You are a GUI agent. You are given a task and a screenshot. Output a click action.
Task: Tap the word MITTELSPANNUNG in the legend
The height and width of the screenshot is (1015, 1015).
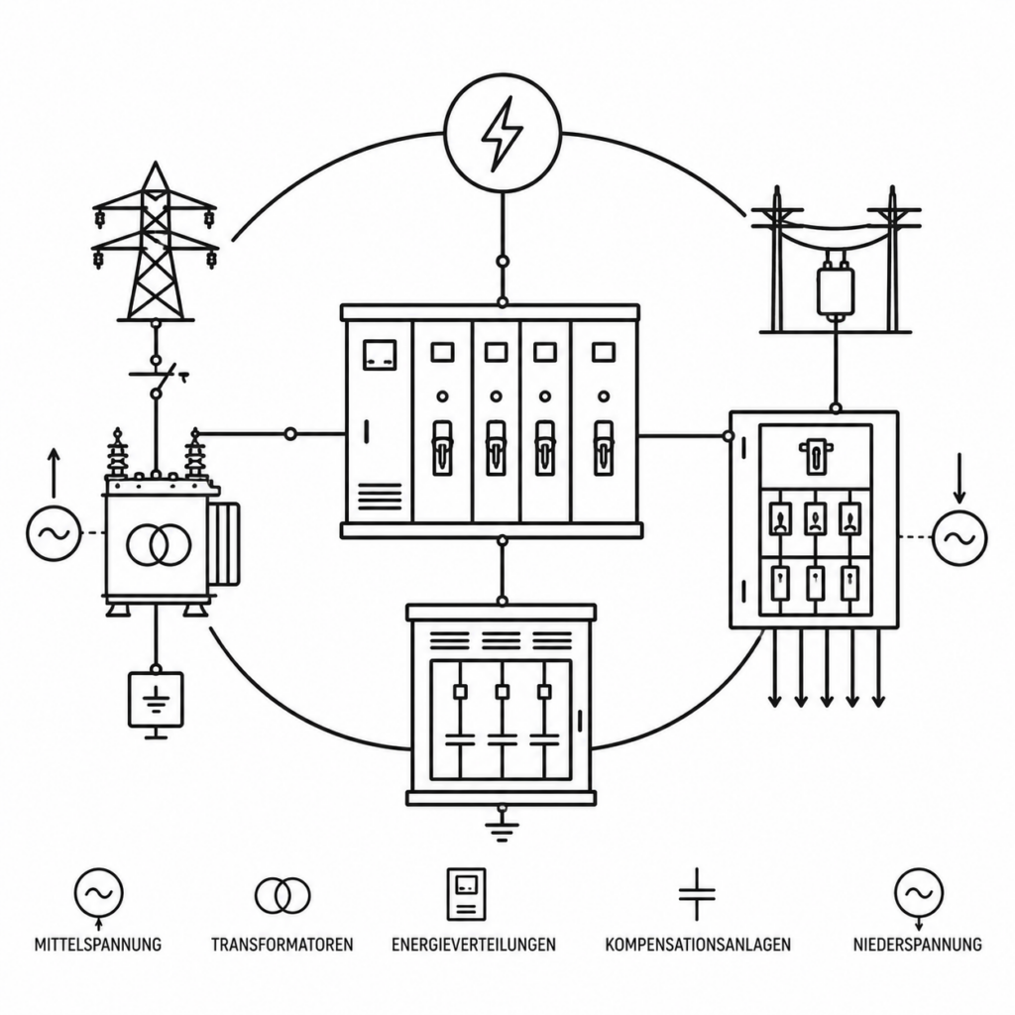pos(98,945)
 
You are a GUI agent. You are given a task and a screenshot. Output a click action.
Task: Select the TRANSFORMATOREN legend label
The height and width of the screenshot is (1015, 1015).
pos(282,945)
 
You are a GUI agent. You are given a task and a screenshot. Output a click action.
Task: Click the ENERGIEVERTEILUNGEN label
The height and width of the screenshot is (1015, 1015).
pos(473,945)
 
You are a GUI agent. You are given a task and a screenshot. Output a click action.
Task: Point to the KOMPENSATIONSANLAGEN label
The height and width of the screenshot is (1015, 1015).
pos(698,945)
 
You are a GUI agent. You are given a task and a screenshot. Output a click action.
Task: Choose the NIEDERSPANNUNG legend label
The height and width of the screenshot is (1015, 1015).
pos(917,945)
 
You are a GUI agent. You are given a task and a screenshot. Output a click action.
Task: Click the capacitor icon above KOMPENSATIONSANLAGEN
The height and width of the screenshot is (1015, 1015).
pos(697,895)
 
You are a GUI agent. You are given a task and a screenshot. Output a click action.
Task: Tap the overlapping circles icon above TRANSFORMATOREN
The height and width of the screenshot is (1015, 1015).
pos(282,895)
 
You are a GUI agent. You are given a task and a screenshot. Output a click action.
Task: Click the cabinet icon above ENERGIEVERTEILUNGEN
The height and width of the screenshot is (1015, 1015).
pos(466,894)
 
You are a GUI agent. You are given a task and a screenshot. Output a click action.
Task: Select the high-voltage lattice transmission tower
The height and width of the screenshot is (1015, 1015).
pos(155,241)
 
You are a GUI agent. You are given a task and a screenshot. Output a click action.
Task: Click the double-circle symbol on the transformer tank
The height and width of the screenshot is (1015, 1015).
pos(159,544)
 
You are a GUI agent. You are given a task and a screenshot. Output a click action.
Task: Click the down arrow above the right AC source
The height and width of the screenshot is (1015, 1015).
pos(959,478)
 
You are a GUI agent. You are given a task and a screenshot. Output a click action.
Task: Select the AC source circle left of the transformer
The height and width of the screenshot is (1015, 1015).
pos(54,533)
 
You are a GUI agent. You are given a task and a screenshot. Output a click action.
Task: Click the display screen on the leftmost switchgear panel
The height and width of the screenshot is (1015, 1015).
pos(380,354)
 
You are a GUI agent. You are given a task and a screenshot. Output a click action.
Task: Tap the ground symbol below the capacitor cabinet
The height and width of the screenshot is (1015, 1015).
pos(502,826)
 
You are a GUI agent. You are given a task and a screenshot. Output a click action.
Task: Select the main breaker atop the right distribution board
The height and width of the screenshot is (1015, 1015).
pos(816,456)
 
